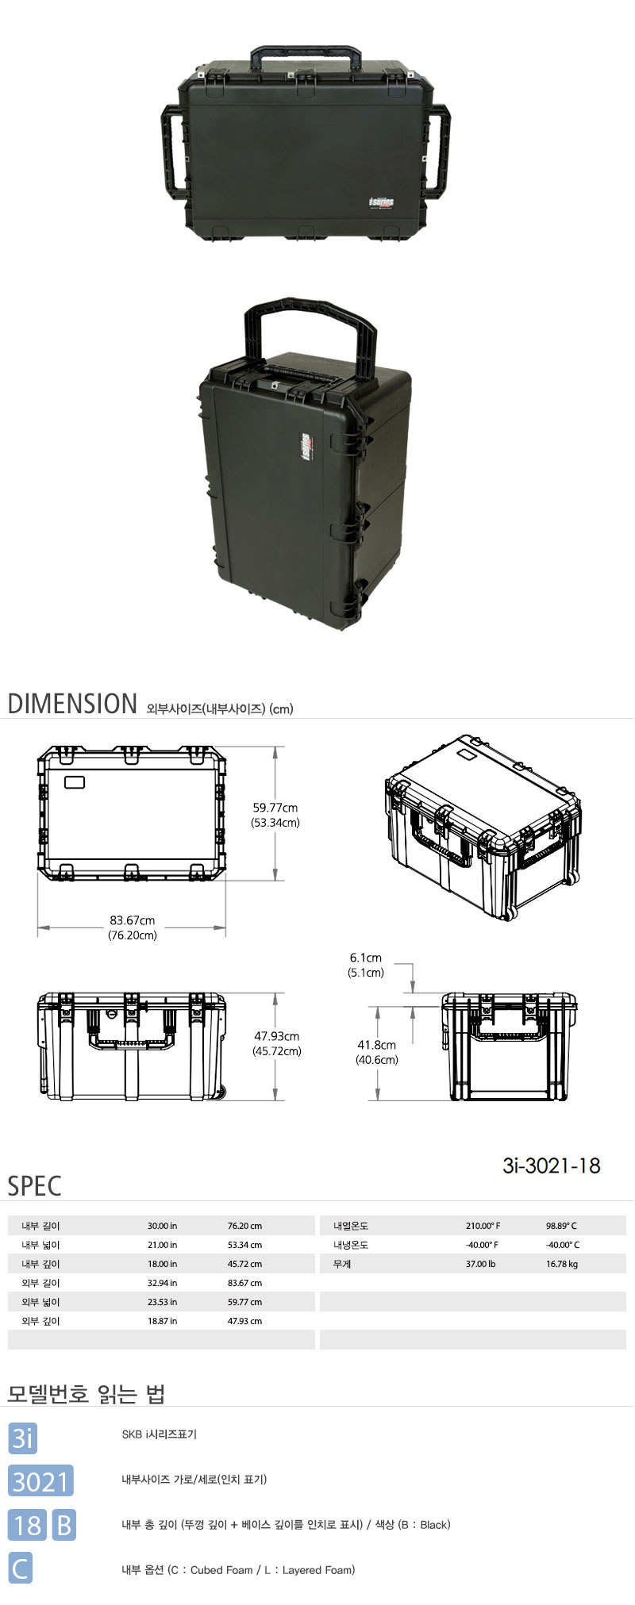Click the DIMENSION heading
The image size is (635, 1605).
point(72,704)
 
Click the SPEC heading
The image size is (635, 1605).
point(34,1186)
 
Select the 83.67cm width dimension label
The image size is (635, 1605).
point(133,920)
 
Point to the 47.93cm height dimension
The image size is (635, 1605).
point(276,1036)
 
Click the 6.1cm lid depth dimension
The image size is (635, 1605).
point(366,958)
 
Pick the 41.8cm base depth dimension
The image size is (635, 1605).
point(376,1045)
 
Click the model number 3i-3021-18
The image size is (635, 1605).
point(552,1165)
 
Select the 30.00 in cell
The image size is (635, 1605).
point(163,1226)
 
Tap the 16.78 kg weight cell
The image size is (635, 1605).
point(562,1264)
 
